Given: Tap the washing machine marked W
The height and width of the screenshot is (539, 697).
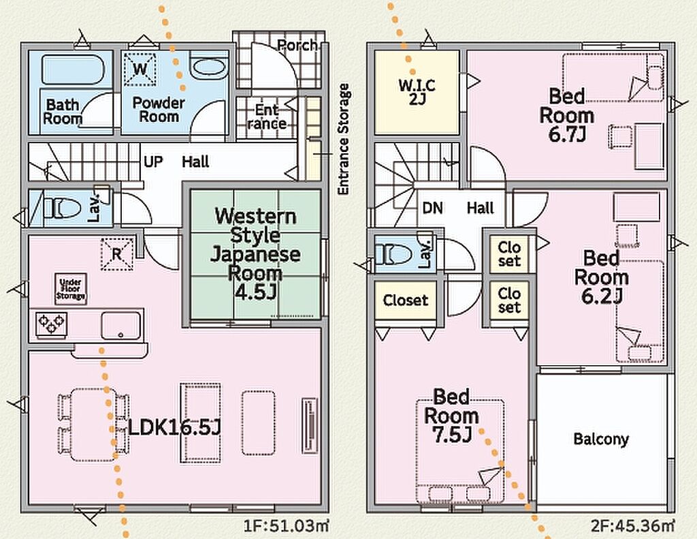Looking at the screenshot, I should (141, 68).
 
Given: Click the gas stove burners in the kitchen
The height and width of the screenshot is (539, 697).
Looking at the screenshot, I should (52, 323).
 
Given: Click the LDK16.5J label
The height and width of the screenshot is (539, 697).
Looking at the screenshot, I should (175, 427).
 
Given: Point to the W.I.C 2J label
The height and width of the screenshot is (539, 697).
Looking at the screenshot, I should (416, 92).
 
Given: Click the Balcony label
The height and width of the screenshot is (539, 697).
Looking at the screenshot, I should (601, 439).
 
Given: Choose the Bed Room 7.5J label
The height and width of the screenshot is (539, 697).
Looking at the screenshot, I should (451, 415).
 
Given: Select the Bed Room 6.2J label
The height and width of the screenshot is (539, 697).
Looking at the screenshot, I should (602, 277).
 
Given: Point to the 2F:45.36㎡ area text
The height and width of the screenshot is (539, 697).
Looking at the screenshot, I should (634, 525).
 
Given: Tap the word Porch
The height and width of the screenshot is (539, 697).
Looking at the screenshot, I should (297, 45).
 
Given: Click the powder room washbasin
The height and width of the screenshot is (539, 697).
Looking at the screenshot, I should (208, 69).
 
